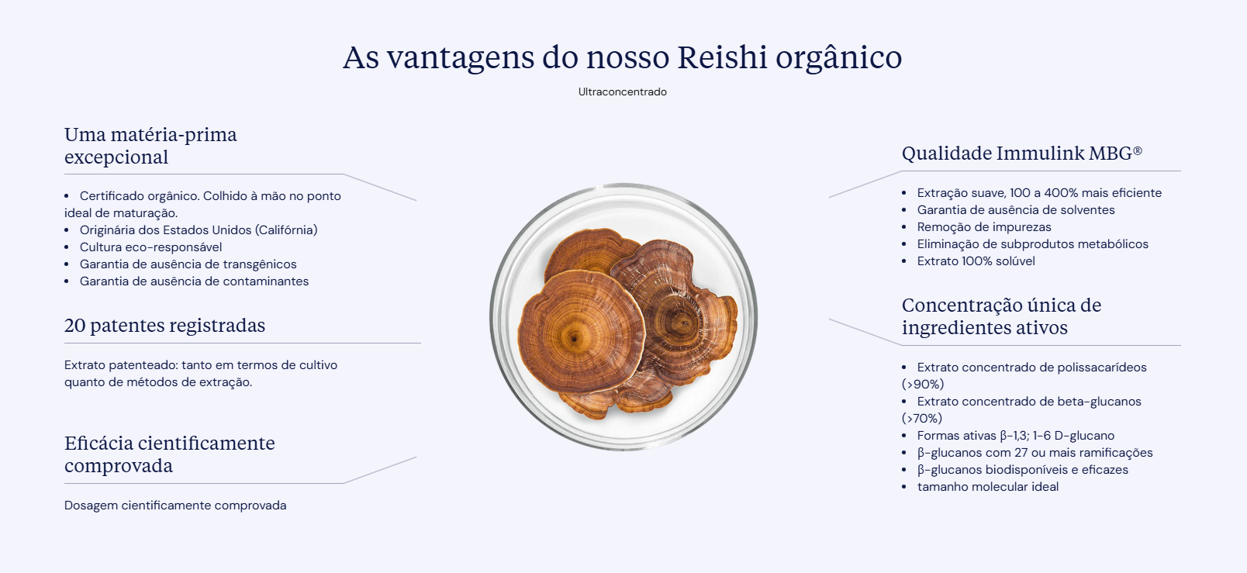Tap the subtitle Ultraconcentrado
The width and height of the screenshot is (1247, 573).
coord(623,91)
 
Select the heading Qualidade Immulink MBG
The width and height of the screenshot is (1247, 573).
coord(1022,153)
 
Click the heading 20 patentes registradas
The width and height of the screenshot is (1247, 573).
coord(164,325)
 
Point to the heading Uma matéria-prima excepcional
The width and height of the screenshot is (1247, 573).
coord(150,145)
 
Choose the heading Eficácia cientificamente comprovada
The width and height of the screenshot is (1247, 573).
coord(169,454)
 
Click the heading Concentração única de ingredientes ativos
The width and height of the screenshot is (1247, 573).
coord(1001,316)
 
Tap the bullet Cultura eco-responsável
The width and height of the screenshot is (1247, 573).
coord(150,247)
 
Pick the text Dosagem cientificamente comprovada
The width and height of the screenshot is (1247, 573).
coord(175,506)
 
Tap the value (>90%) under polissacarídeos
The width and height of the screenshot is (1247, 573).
coord(922,385)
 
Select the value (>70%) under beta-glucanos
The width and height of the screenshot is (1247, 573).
coord(922,418)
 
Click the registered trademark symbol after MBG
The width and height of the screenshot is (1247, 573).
coord(1138,150)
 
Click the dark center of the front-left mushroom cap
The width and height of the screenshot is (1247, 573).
coord(574,337)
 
